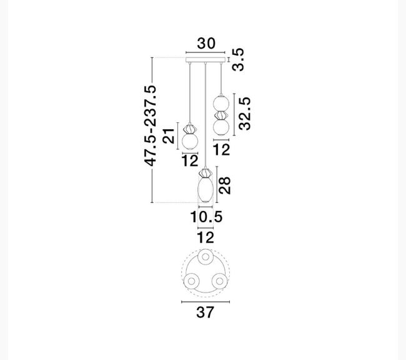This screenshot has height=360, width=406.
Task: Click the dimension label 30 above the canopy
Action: (x=206, y=44)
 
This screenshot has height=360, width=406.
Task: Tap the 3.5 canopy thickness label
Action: (x=238, y=59)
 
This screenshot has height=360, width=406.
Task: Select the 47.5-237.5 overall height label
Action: (x=150, y=125)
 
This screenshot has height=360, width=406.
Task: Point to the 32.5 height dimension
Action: (x=245, y=114)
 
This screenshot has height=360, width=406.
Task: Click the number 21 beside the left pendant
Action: (x=169, y=135)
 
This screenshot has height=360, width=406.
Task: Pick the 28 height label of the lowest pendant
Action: (x=224, y=185)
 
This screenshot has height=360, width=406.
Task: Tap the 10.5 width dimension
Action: (x=206, y=216)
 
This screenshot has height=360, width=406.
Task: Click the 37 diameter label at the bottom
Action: (x=205, y=312)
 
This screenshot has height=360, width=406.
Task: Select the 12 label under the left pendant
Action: (x=190, y=160)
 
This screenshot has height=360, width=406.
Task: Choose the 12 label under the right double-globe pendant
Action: (x=221, y=150)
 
